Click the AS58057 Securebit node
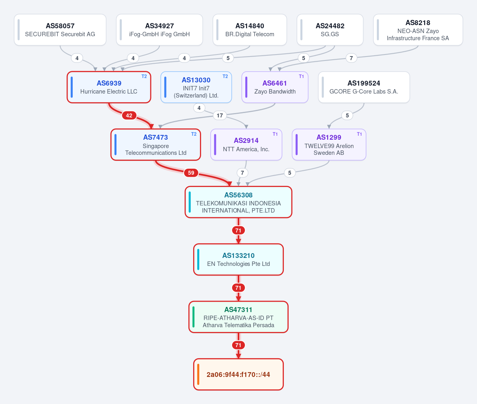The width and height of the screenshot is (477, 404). (60, 30)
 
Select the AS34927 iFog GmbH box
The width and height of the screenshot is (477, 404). (159, 30)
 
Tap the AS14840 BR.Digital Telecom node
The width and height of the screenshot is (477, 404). (250, 30)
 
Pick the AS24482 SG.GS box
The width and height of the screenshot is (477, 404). (330, 30)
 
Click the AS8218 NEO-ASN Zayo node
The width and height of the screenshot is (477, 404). (418, 30)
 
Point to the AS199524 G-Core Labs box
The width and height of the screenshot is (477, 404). (364, 87)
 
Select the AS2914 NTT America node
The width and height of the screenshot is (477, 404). (246, 144)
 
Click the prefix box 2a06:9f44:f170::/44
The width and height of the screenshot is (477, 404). (238, 375)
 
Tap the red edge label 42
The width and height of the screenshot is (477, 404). (129, 115)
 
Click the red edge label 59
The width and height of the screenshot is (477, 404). (191, 173)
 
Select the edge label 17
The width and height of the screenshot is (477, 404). (220, 115)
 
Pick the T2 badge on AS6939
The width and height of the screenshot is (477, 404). (144, 76)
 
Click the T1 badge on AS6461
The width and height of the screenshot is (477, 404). (301, 76)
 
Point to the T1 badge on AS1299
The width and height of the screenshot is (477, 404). (359, 134)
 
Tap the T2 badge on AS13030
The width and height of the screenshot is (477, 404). (225, 76)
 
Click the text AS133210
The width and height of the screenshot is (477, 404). (238, 256)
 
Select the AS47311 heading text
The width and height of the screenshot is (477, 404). (238, 310)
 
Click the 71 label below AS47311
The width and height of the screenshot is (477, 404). (238, 345)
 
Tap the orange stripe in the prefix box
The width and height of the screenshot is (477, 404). (198, 375)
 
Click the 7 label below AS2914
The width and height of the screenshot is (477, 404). (242, 173)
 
